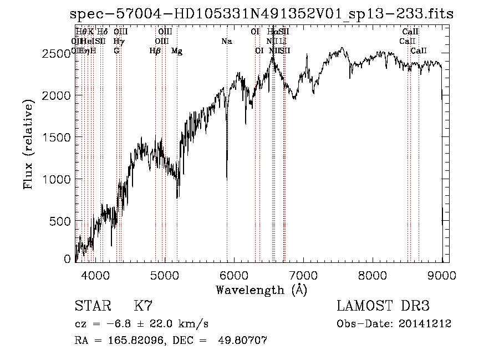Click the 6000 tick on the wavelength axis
(x=234, y=274)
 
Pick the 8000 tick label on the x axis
(x=373, y=274)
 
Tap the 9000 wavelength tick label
(x=442, y=274)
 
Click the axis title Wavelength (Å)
(x=261, y=290)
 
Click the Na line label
(x=227, y=41)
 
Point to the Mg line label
(x=177, y=51)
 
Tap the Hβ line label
(x=155, y=51)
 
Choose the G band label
(x=116, y=51)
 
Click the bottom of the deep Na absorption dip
(x=227, y=179)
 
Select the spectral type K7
(x=143, y=306)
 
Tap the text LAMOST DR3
(x=383, y=306)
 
